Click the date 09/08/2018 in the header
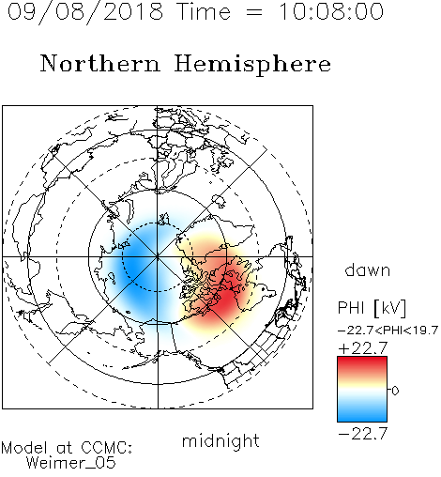[x=85, y=12]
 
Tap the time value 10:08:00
[x=331, y=11]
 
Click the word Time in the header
[x=204, y=11]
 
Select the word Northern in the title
[x=100, y=64]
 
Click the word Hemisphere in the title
[x=252, y=65]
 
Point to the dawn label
[x=368, y=269]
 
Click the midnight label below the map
[x=220, y=441]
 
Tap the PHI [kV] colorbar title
[x=372, y=308]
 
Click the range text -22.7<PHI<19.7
[x=388, y=331]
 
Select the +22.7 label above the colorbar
[x=363, y=348]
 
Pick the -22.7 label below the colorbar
[x=363, y=434]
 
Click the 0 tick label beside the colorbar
[x=395, y=391]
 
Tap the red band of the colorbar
[x=362, y=363]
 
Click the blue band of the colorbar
[x=362, y=414]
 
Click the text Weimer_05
[x=71, y=463]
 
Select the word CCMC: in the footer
[x=107, y=448]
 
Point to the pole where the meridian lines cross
[x=158, y=256]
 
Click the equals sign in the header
[x=254, y=13]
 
